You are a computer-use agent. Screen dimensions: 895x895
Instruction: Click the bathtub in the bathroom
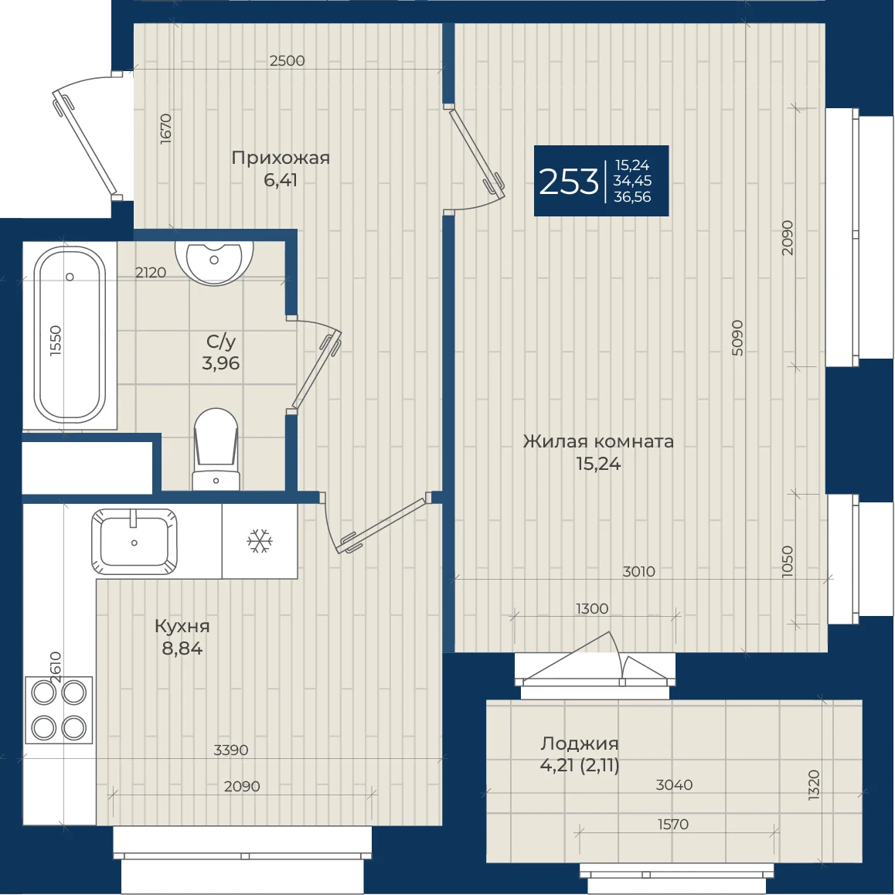[70, 335]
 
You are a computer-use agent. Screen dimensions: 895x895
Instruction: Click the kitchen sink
[134, 542]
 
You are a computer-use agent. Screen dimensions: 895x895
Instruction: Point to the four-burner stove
[59, 710]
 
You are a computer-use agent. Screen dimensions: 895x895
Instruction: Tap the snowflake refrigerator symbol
[260, 540]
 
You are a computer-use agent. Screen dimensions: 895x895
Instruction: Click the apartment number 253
[569, 182]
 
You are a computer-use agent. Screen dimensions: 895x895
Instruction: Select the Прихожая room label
[281, 158]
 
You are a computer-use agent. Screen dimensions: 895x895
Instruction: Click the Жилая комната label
[598, 441]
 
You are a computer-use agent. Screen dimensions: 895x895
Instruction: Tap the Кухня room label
[182, 626]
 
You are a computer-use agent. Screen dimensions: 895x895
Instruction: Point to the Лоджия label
[580, 744]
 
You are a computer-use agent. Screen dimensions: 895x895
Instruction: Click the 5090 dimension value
[737, 338]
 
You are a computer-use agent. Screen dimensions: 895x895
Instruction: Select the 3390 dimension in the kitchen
[230, 750]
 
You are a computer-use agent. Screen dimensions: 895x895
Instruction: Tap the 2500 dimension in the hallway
[287, 60]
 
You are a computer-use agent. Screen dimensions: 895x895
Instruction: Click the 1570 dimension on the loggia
[673, 824]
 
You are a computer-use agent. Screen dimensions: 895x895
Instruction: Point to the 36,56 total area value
[632, 197]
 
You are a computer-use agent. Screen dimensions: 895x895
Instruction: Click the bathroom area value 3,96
[220, 363]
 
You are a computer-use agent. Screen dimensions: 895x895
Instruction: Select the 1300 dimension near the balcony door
[592, 608]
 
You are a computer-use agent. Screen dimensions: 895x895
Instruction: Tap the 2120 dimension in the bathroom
[151, 273]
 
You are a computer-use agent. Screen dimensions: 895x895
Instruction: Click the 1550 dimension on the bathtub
[56, 341]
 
